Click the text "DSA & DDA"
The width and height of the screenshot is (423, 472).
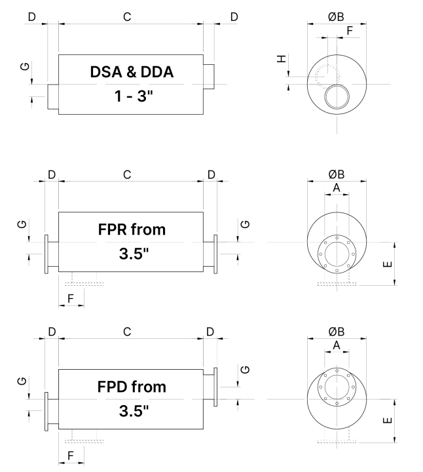(x=132, y=72)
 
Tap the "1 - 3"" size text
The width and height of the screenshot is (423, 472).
(x=132, y=96)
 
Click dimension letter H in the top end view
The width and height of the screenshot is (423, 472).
(x=282, y=60)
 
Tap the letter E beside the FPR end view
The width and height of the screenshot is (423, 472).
(x=387, y=264)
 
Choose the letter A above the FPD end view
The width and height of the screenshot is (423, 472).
(x=336, y=345)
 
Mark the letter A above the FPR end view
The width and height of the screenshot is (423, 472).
(x=336, y=187)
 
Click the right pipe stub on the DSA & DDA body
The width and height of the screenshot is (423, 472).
(x=208, y=76)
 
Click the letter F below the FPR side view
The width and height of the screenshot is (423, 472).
(x=72, y=299)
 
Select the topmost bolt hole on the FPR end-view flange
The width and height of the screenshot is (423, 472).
(x=337, y=237)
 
